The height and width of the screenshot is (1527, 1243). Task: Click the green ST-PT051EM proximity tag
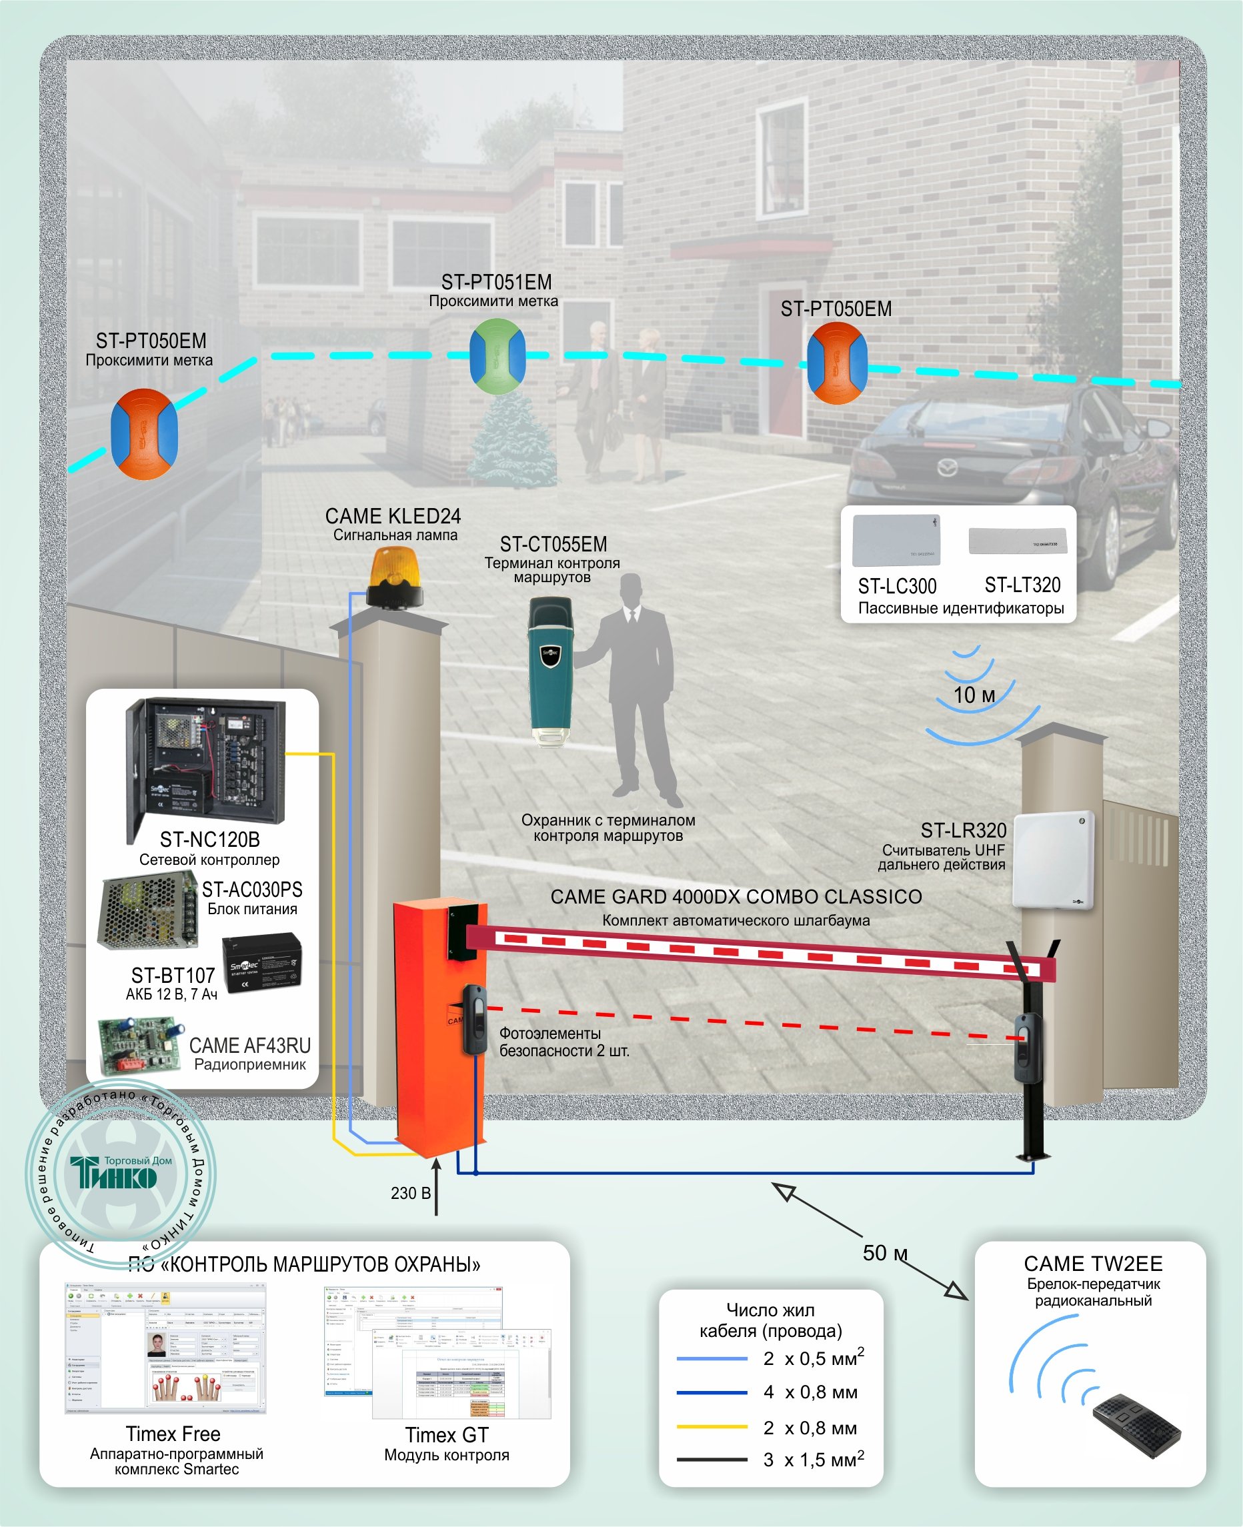(x=497, y=357)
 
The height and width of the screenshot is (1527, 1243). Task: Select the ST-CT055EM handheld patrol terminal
(x=551, y=669)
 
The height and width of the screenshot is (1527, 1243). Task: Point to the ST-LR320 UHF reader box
(x=1052, y=860)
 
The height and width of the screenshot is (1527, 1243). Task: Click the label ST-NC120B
(x=209, y=839)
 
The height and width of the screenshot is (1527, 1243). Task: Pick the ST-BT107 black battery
(x=261, y=963)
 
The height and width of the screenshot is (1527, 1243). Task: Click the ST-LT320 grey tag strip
(x=1017, y=541)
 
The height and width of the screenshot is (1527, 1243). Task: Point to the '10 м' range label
(x=974, y=695)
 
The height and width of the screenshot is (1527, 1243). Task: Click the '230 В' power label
(x=410, y=1194)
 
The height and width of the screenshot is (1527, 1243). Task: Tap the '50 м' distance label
(x=884, y=1253)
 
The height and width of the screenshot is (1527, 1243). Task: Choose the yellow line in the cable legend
(x=712, y=1427)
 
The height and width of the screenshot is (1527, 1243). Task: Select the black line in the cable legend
(x=712, y=1459)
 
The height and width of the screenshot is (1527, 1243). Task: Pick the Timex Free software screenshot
(x=165, y=1348)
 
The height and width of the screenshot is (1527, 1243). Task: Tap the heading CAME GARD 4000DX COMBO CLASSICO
(x=736, y=896)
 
